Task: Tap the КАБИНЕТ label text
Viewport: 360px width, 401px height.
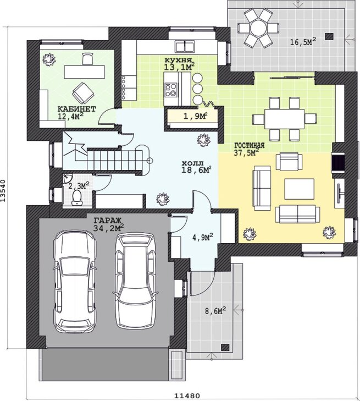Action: [x=76, y=109]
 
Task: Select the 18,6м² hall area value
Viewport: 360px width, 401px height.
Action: [x=196, y=170]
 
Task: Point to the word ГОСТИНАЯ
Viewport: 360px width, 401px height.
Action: [x=250, y=146]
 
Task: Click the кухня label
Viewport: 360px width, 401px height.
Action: [x=178, y=61]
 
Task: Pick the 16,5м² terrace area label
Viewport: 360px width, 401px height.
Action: [x=303, y=41]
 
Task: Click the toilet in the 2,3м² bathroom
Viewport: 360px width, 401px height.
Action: [x=76, y=197]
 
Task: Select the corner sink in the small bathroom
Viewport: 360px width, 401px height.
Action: [x=67, y=178]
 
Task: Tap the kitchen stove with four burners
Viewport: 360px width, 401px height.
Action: [x=171, y=90]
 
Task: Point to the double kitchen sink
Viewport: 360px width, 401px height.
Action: [x=185, y=46]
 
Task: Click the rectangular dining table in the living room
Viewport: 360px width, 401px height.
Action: [x=284, y=119]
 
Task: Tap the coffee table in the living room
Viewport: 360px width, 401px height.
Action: [x=300, y=189]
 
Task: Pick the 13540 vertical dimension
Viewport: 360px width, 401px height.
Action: [x=3, y=190]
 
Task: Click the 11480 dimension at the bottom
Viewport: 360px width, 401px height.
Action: [x=187, y=395]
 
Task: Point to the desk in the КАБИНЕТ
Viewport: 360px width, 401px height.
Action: [x=84, y=72]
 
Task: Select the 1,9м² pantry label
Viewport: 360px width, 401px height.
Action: [x=195, y=117]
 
